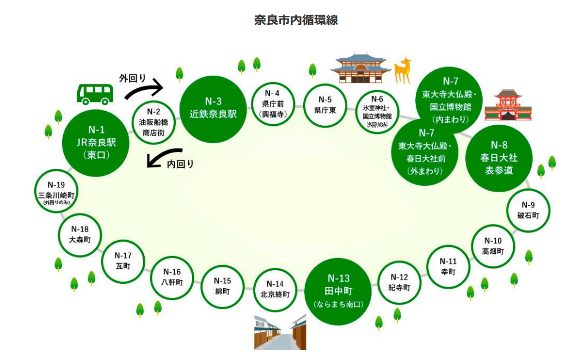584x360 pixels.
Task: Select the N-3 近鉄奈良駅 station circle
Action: click(213, 108)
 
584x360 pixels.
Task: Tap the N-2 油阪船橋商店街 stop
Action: click(153, 123)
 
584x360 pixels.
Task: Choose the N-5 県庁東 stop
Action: click(325, 105)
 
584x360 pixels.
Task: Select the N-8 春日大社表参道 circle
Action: click(499, 158)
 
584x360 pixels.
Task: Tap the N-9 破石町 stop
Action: click(528, 210)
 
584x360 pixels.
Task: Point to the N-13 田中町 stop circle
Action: click(338, 291)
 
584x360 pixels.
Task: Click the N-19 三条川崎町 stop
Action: click(56, 192)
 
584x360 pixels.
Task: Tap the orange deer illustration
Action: click(403, 70)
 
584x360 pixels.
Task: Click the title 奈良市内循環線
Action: click(296, 20)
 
